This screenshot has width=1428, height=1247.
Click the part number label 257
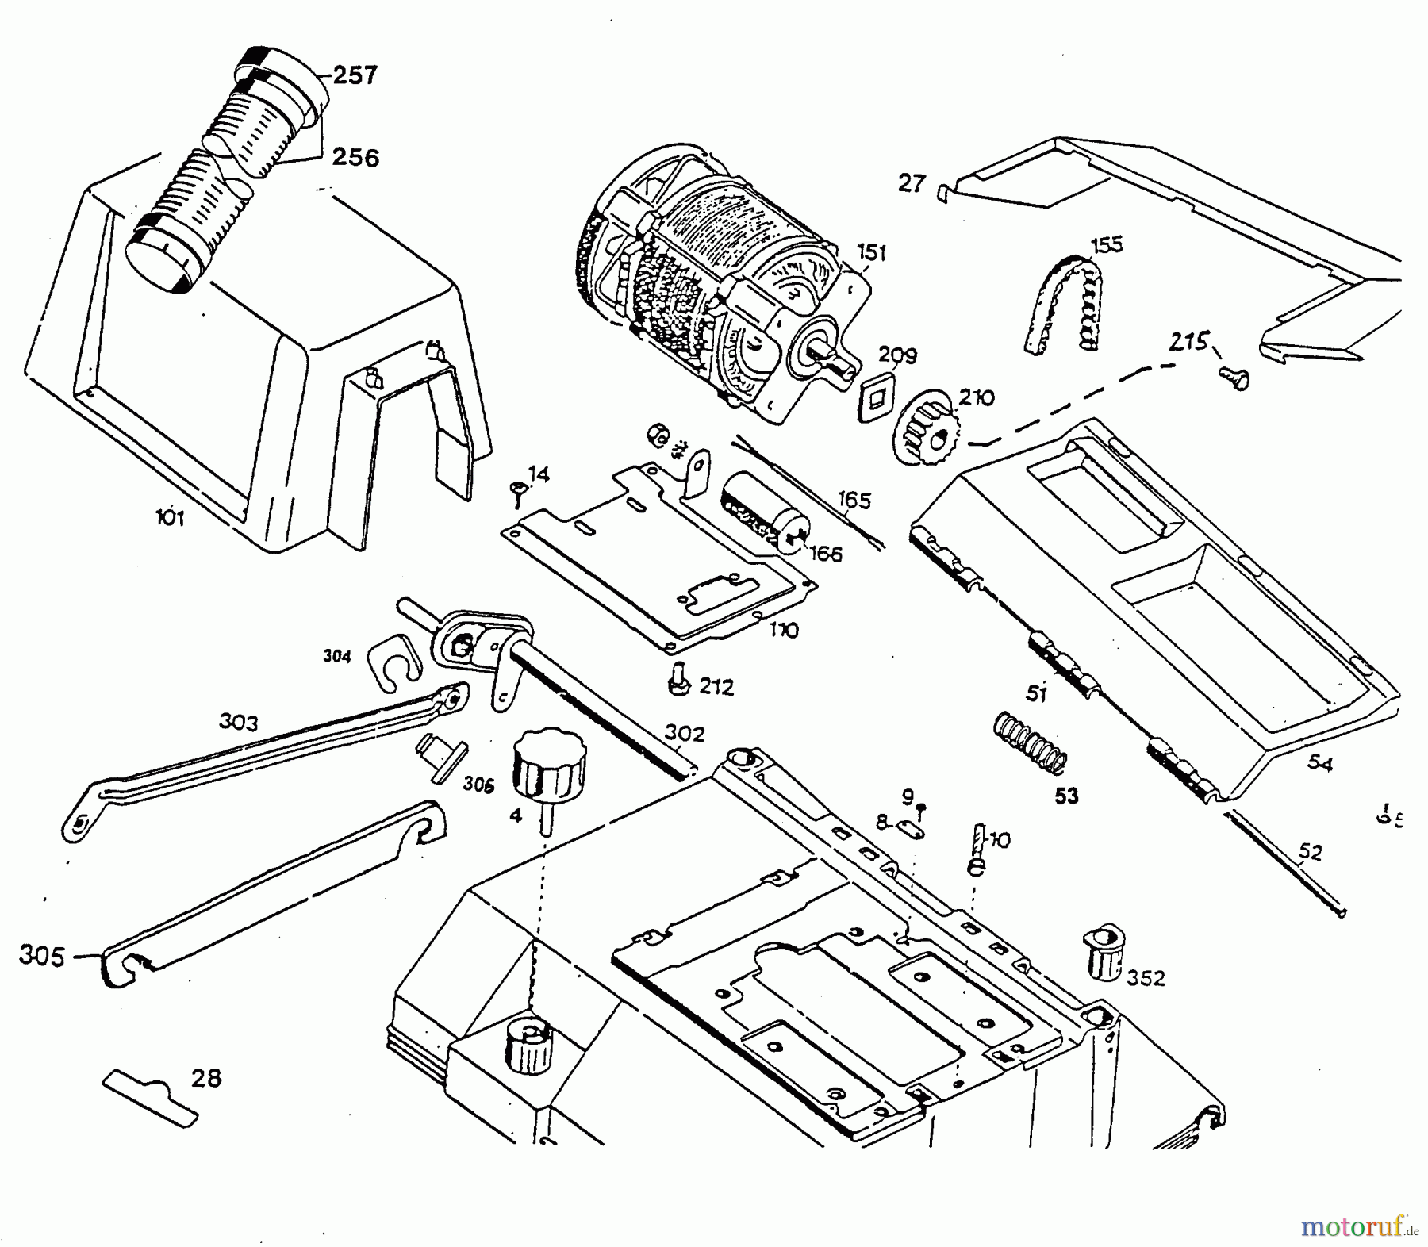pos(355,76)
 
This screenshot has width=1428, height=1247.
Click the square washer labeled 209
pos(877,394)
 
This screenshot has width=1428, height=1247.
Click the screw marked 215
pos(1234,377)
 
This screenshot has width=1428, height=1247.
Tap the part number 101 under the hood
pos(170,519)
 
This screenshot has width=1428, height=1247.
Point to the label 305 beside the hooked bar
pos(42,957)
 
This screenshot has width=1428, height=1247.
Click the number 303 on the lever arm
pos(239,723)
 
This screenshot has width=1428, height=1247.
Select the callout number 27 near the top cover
pos(912,183)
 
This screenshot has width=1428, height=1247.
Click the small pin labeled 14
pos(517,492)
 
